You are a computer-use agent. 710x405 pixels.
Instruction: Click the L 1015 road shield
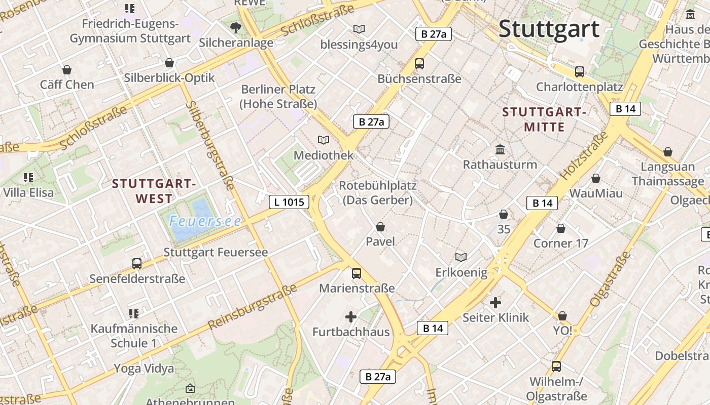(289, 202)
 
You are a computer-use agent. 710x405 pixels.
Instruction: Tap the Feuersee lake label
(205, 221)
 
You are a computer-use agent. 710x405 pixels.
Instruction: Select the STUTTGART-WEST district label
(154, 191)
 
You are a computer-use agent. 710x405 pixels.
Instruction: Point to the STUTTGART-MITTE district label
(544, 119)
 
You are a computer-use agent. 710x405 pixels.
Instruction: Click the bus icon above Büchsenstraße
(419, 64)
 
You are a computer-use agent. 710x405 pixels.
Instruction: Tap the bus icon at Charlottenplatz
(580, 72)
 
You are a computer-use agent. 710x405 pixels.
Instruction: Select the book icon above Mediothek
(323, 140)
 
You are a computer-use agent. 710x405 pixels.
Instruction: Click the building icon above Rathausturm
(500, 149)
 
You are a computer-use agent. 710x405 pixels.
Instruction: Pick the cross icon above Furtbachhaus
(350, 317)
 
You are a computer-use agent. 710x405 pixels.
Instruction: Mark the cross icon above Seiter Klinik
(495, 303)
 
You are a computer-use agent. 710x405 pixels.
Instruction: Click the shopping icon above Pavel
(380, 227)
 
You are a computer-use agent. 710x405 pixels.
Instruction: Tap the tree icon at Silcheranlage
(235, 27)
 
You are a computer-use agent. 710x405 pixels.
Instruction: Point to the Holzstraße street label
(584, 156)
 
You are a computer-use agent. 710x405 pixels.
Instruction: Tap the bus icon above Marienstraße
(357, 273)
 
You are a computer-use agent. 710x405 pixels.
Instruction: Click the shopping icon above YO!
(562, 316)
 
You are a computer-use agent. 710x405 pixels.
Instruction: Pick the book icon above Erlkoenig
(461, 258)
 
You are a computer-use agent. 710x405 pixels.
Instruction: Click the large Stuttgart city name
(549, 29)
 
